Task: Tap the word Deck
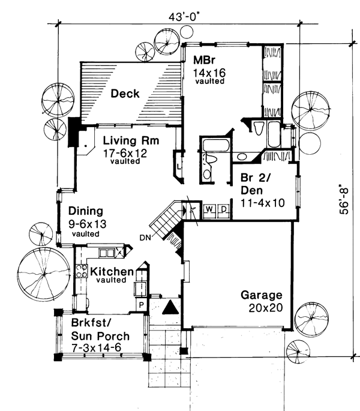(125, 94)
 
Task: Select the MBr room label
(201, 61)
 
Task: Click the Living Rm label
(125, 141)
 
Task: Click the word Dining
(86, 211)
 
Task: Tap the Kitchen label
(112, 272)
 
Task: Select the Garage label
(261, 295)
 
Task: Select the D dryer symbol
(222, 209)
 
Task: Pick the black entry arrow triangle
(171, 307)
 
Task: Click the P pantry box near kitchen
(142, 304)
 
